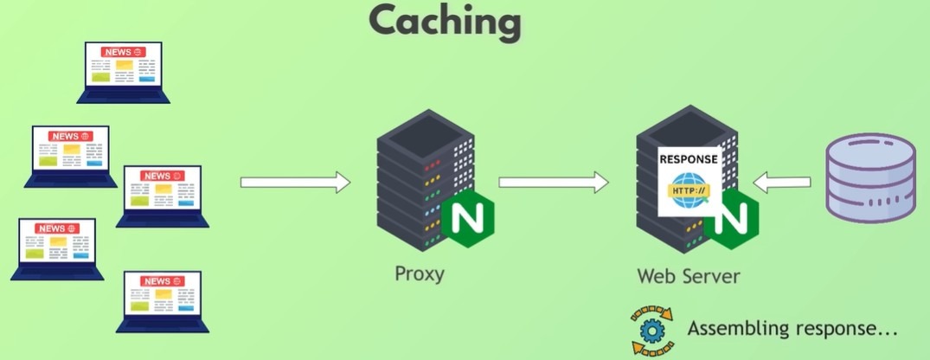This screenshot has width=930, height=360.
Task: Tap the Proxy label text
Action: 420,273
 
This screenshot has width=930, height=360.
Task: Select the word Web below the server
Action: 655,277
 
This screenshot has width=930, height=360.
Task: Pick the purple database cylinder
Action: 871,180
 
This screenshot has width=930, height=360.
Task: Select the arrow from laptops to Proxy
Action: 295,183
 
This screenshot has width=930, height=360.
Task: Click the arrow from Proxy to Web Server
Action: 555,183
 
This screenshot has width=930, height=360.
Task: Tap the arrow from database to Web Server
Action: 782,182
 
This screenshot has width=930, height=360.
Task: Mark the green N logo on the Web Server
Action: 733,221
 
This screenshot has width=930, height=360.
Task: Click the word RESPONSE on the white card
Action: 689,160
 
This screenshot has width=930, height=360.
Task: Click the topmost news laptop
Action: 124,72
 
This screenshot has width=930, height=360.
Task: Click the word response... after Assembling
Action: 848,329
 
